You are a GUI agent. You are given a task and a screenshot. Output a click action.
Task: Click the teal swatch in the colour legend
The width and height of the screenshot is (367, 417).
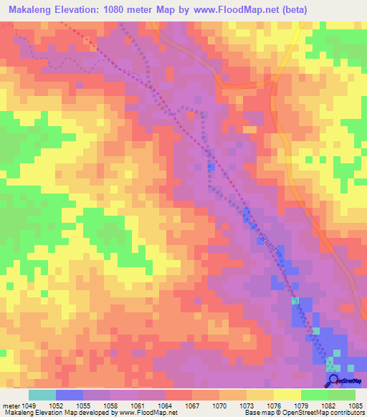pos(42,395)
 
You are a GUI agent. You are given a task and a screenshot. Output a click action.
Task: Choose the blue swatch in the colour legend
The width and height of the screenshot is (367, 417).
pos(70,395)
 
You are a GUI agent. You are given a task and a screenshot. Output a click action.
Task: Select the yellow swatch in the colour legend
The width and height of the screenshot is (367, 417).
pos(287,395)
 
